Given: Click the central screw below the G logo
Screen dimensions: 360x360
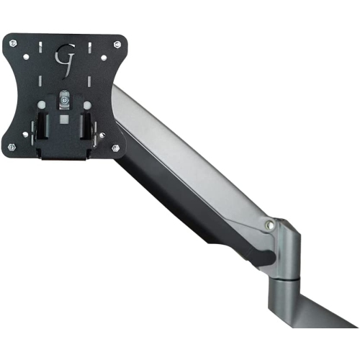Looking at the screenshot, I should click(65, 95).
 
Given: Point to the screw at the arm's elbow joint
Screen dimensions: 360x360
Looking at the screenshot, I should click(269, 225).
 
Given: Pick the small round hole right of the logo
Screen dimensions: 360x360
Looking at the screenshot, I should click(103, 56).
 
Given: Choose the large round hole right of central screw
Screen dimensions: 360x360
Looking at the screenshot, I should click(87, 105).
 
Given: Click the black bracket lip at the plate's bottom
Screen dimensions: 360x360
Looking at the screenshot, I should click(63, 154).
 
